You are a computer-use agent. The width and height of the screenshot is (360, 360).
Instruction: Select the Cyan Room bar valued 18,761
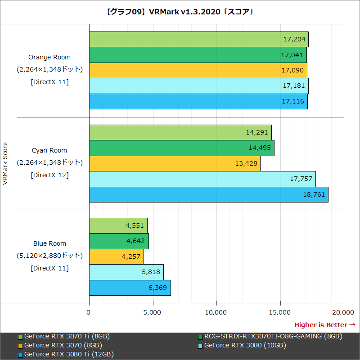point(208,195)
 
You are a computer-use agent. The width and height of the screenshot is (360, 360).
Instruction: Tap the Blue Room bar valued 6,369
point(130,288)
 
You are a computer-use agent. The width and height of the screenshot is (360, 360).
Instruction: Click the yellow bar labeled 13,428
point(175,163)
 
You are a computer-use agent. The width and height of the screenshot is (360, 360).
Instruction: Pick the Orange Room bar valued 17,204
point(198,40)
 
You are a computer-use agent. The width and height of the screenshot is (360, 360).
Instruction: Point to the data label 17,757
point(301,179)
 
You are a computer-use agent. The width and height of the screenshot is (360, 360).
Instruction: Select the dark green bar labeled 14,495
point(181,148)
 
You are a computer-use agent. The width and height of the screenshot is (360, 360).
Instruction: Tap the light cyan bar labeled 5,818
point(126,272)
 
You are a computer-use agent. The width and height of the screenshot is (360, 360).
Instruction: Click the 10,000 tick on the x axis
point(216,312)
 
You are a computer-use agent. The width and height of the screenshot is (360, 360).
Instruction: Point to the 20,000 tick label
point(344,312)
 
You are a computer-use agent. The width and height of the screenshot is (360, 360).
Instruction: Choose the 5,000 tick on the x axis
point(153,312)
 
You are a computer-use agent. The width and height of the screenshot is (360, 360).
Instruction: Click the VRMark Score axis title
point(6,164)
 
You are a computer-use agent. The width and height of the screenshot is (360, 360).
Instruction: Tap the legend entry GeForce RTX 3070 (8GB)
point(63,345)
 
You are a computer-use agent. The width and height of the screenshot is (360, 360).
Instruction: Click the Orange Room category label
point(49,57)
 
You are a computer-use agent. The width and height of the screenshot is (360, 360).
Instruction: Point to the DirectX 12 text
point(49,175)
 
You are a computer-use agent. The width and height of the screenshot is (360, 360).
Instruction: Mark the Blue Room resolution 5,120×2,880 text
point(49,256)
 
